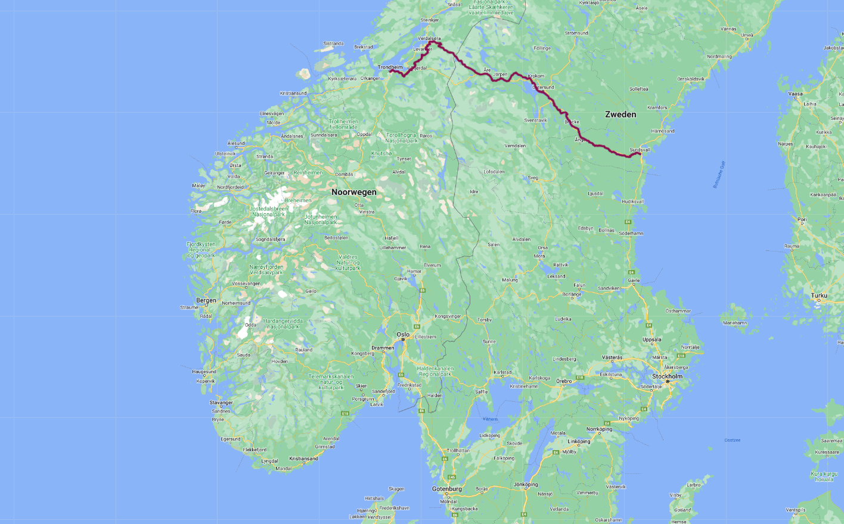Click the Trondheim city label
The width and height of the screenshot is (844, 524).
(x=390, y=67)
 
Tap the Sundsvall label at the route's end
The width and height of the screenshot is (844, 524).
(x=640, y=150)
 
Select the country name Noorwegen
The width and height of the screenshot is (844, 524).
(x=354, y=192)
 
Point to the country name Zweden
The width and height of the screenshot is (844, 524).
(x=620, y=114)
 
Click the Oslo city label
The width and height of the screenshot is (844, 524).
(x=404, y=334)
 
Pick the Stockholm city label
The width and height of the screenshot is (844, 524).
(x=667, y=377)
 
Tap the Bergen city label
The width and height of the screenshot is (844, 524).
(x=206, y=300)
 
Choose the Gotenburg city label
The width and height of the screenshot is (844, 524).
(x=447, y=489)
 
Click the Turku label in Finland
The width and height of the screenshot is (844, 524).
(x=819, y=296)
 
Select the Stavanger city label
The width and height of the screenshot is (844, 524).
(x=221, y=403)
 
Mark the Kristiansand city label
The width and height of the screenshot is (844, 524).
(x=303, y=458)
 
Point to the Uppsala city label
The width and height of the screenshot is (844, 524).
(x=651, y=340)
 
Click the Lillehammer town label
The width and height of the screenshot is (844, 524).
(x=393, y=247)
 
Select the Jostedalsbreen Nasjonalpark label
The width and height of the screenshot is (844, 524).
(x=268, y=212)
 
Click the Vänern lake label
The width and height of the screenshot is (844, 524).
(x=490, y=419)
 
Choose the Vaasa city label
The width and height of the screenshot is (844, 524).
(x=795, y=94)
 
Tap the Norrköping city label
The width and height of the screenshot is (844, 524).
(x=599, y=429)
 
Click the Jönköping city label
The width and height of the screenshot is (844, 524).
(x=526, y=485)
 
